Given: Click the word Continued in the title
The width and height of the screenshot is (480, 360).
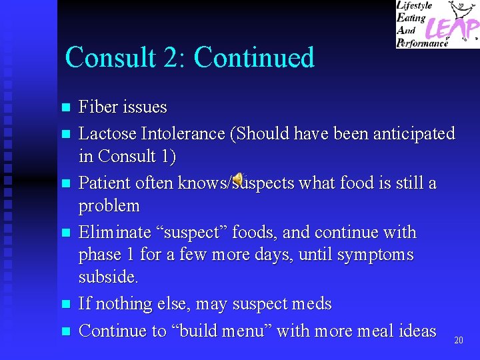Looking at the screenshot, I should click(254, 57).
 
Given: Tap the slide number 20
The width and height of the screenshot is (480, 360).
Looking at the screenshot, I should click(458, 341).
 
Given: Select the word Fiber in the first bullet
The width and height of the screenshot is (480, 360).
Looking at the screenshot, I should click(97, 107).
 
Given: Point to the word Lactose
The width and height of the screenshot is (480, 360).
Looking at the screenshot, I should click(107, 133).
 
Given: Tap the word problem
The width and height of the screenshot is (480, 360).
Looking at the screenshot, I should click(109, 205).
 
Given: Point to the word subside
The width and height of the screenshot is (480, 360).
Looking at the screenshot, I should click(108, 277).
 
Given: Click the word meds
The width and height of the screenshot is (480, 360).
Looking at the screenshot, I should click(308, 304).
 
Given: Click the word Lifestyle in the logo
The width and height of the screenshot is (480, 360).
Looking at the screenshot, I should click(415, 6).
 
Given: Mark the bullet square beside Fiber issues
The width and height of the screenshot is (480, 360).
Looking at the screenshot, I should click(65, 107).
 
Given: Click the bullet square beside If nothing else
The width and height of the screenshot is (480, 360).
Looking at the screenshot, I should click(65, 305).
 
